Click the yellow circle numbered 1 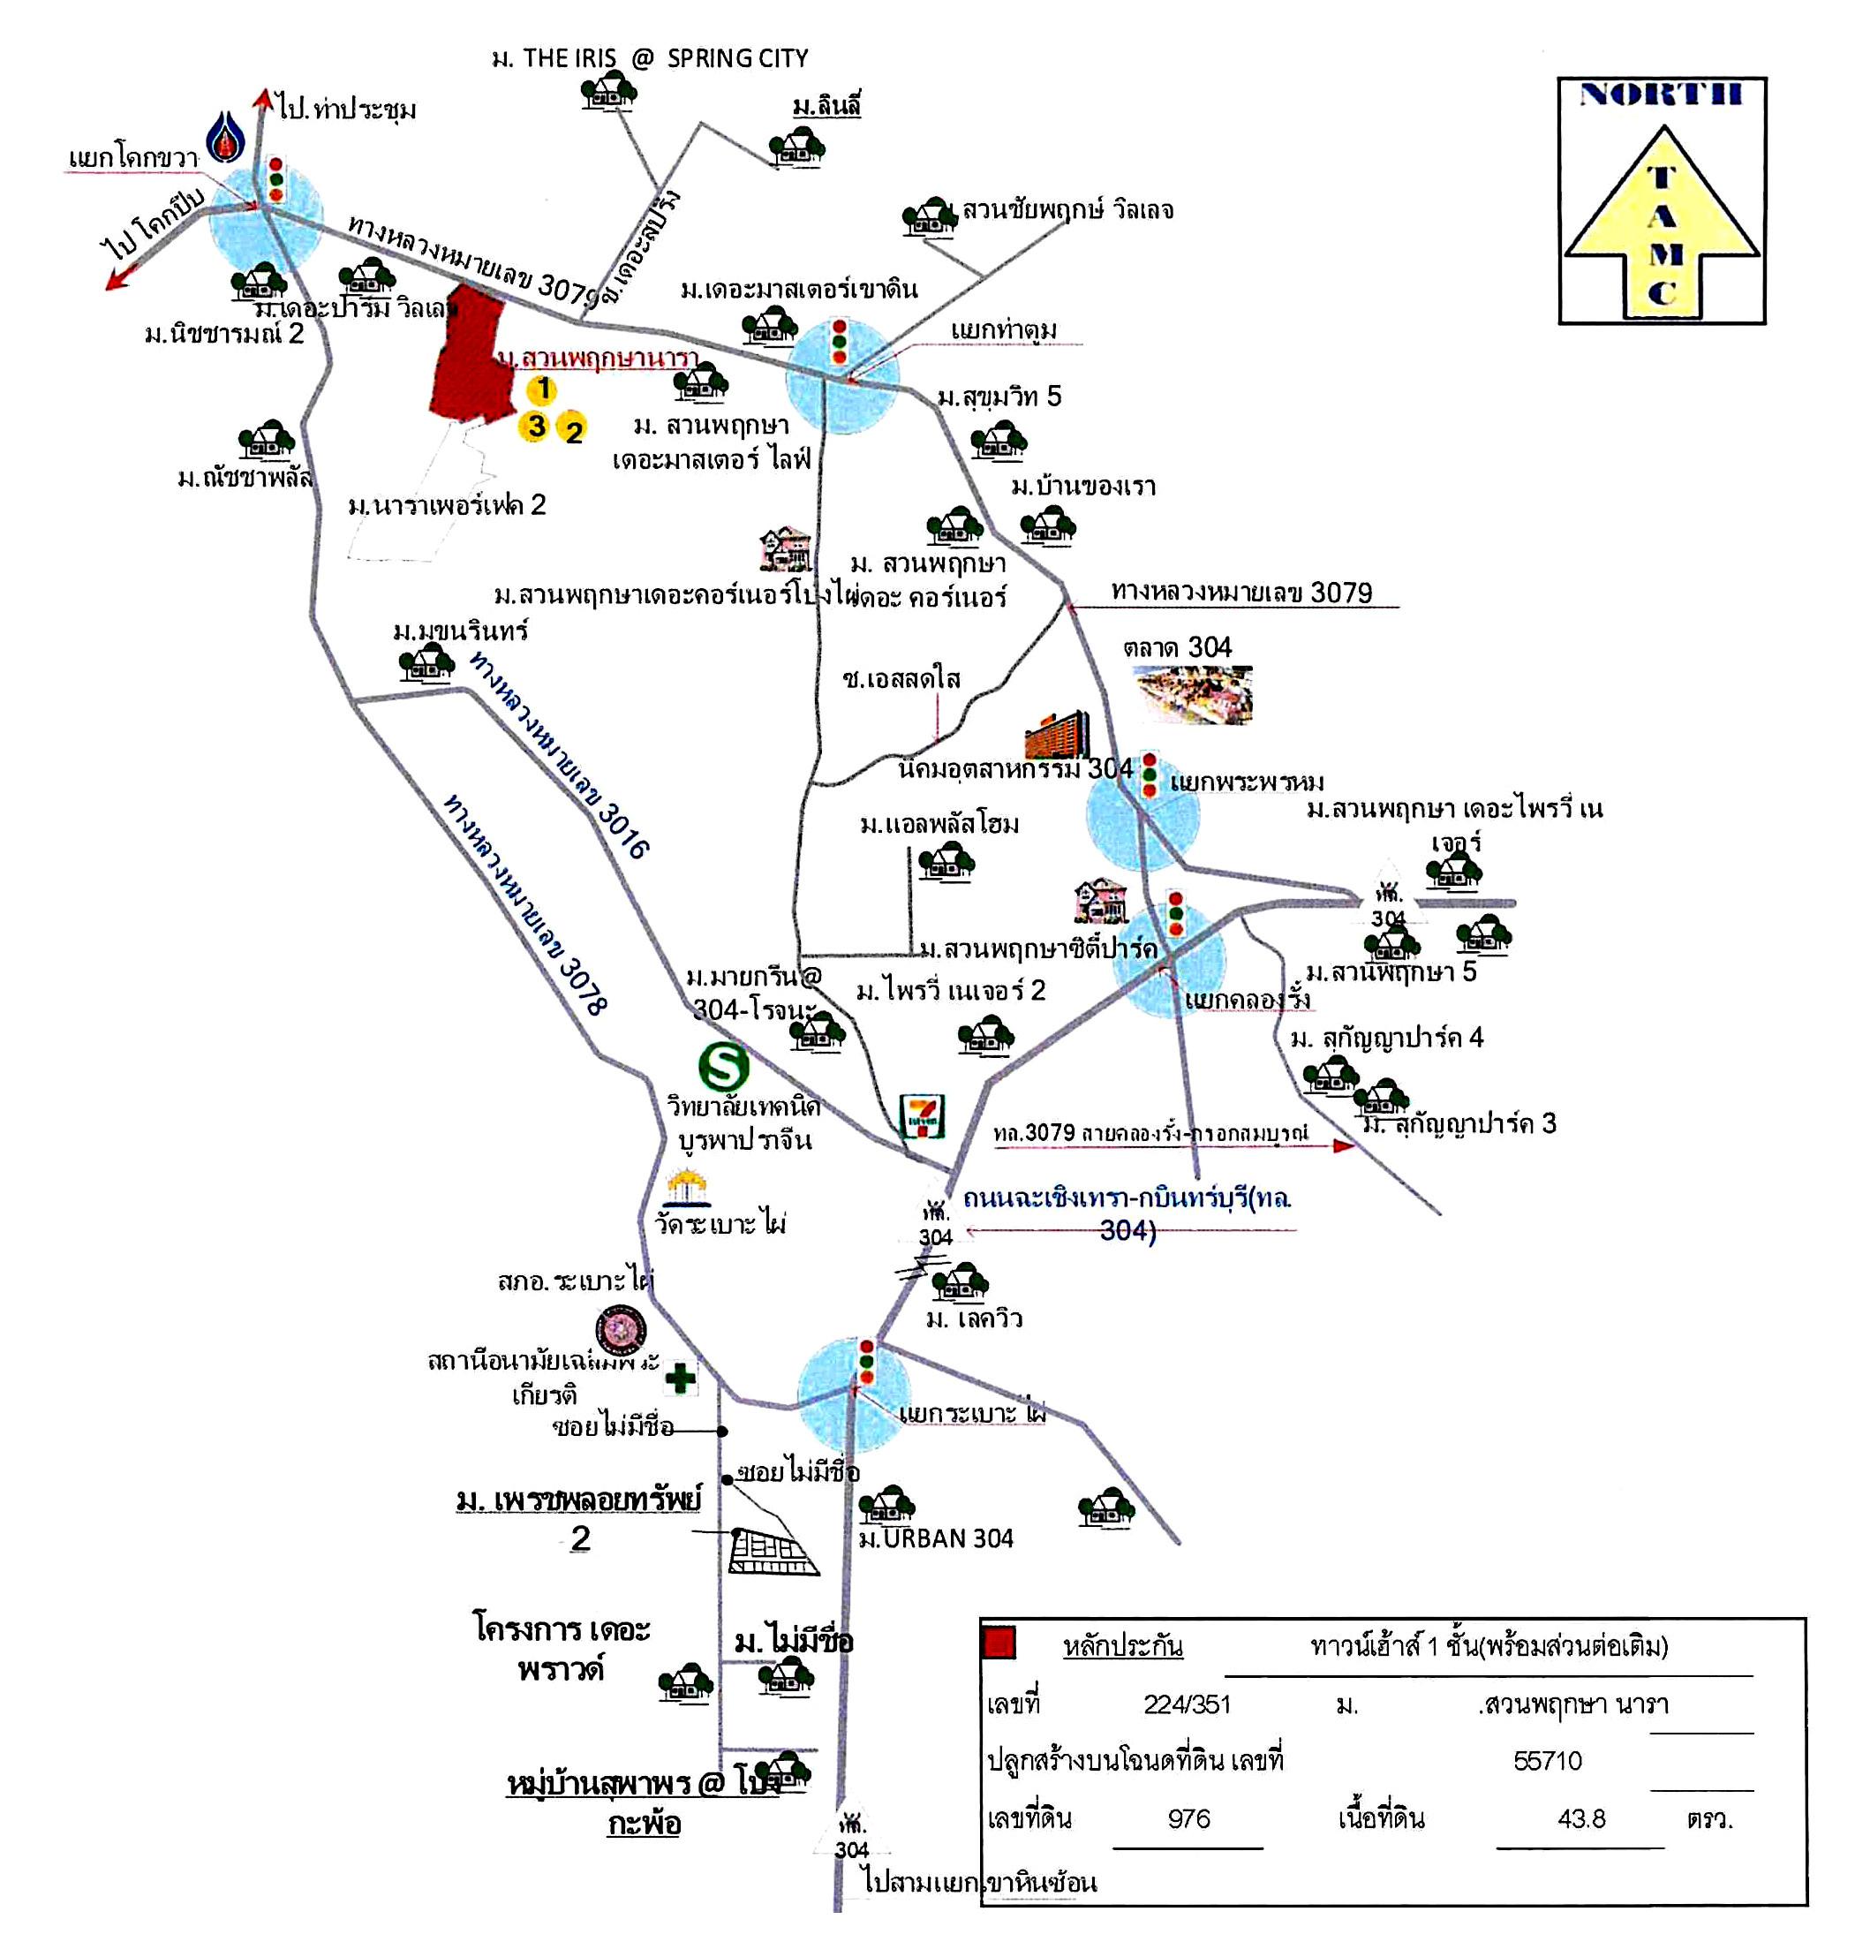pyautogui.click(x=542, y=389)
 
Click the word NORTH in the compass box pyautogui.click(x=1660, y=94)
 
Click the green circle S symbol pyautogui.click(x=723, y=1067)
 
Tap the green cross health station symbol pyautogui.click(x=679, y=1377)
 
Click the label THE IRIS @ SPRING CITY pyautogui.click(x=650, y=58)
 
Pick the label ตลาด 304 pyautogui.click(x=1177, y=647)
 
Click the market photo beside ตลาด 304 pyautogui.click(x=1194, y=693)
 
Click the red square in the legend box pyautogui.click(x=999, y=1643)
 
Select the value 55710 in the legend pyautogui.click(x=1548, y=1760)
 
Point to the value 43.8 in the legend pyautogui.click(x=1581, y=1818)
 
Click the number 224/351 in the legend pyautogui.click(x=1187, y=1704)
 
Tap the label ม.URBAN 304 pyautogui.click(x=935, y=1538)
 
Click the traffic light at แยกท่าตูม pyautogui.click(x=840, y=340)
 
